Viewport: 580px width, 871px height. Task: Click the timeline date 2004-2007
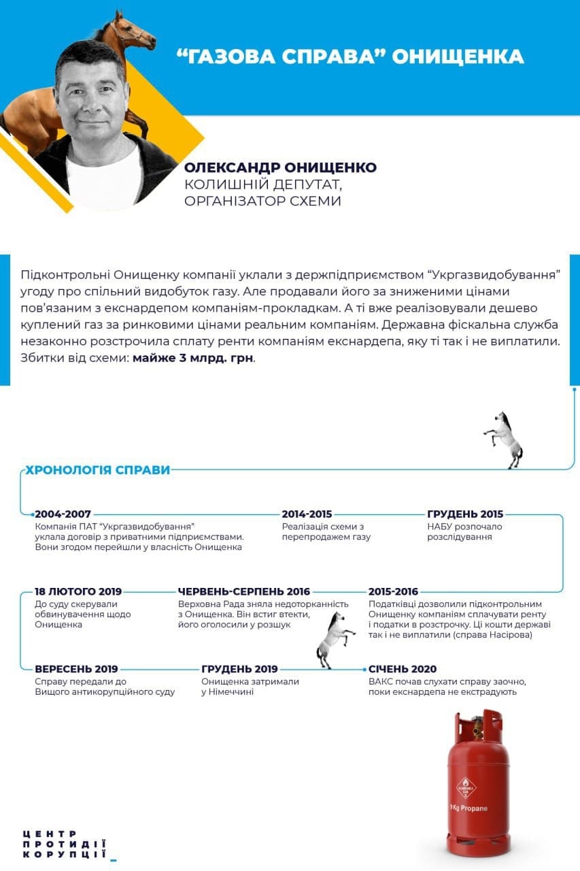[x=63, y=514]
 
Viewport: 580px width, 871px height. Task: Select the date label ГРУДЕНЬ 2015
[x=465, y=514]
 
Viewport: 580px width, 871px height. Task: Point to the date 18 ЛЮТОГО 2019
[x=78, y=591]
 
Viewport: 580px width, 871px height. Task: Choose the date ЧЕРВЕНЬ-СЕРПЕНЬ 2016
[x=243, y=591]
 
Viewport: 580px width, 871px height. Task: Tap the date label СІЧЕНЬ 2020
[x=402, y=669]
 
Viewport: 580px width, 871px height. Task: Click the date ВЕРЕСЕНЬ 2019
[x=76, y=669]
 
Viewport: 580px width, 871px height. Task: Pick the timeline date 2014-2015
[x=307, y=514]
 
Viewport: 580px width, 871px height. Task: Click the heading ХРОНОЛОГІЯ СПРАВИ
[x=97, y=470]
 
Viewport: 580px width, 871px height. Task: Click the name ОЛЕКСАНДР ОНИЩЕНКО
[x=280, y=167]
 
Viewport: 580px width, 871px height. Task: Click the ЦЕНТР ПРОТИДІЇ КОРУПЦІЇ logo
[x=65, y=844]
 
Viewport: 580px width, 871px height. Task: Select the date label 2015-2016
[x=393, y=591]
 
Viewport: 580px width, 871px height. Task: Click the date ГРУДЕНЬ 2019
[x=239, y=669]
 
